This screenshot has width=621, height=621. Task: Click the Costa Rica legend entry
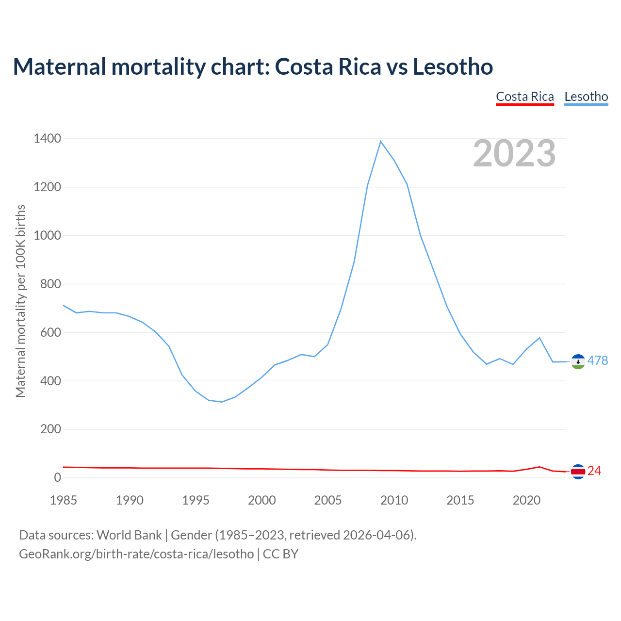click(x=525, y=97)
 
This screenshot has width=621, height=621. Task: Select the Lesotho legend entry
click(x=586, y=97)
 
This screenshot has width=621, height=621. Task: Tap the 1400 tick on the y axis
click(x=48, y=139)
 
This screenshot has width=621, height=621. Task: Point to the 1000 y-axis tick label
click(x=48, y=236)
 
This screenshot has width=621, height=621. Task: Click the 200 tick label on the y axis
click(x=51, y=429)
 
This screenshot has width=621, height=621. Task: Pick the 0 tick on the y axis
click(x=58, y=478)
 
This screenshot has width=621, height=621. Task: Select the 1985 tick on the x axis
click(x=64, y=500)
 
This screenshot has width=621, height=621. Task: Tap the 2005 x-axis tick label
click(x=328, y=500)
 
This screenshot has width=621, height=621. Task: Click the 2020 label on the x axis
click(x=526, y=500)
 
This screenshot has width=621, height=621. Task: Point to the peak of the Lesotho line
click(x=381, y=141)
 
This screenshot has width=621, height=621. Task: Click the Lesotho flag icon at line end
click(x=578, y=361)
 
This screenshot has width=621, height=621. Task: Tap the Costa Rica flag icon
click(x=578, y=471)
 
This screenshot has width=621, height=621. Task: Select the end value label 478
click(x=598, y=360)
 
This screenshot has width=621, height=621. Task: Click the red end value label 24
click(x=594, y=471)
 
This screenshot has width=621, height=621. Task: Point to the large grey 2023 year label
click(x=514, y=153)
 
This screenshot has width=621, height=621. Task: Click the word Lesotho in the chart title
click(x=453, y=66)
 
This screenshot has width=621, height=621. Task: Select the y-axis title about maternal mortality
click(x=21, y=301)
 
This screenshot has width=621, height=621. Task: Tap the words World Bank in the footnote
click(x=129, y=535)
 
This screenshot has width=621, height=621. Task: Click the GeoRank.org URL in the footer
click(x=136, y=554)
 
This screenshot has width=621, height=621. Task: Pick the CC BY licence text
click(x=280, y=554)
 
